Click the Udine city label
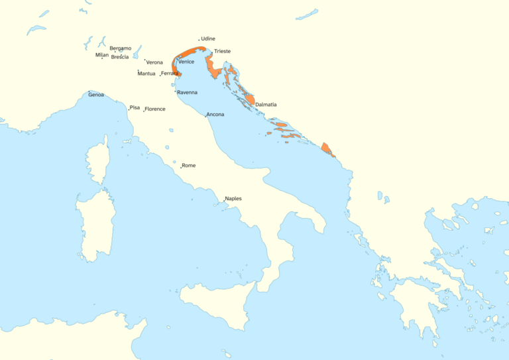coord(207,39)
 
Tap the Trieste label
coord(222,51)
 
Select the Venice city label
coord(186,62)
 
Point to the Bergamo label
coord(120,48)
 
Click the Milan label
coord(101,55)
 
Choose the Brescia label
coord(120,57)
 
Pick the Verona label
coord(154,62)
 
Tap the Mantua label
coord(146,74)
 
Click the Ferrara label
coord(170,73)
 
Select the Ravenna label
coord(187,92)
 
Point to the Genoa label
coord(96,95)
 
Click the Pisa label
coord(135,107)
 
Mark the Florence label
coord(155,109)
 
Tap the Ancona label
coord(215,115)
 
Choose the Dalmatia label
coord(266,105)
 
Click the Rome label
coord(189,165)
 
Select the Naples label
coord(233,198)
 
